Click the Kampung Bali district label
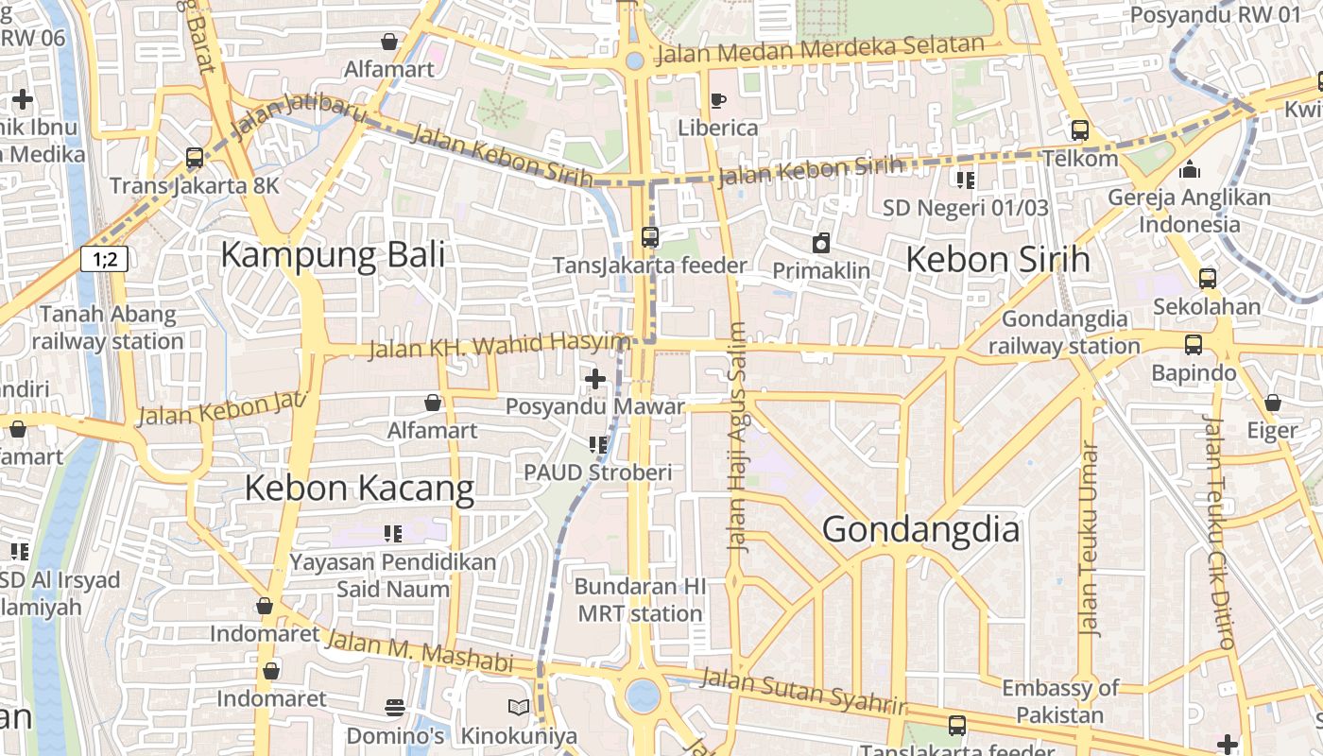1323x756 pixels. tap(333, 256)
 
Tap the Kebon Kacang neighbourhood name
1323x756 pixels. tap(359, 489)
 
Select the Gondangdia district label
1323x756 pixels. tap(920, 530)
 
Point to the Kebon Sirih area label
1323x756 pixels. tap(998, 259)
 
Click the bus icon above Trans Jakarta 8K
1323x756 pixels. tap(195, 158)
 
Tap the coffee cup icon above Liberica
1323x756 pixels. tap(717, 100)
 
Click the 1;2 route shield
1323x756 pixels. tap(104, 258)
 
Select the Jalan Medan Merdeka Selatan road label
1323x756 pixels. tap(820, 48)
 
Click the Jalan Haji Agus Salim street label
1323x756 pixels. tap(738, 437)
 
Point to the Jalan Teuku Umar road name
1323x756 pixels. tap(1090, 539)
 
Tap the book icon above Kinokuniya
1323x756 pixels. tap(518, 707)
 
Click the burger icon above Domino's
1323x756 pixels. tap(395, 707)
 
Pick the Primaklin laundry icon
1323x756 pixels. tap(821, 243)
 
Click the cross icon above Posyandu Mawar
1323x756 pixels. tap(594, 380)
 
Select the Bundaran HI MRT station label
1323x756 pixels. tap(640, 599)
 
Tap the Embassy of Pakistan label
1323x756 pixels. tap(1059, 701)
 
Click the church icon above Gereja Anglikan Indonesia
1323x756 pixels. tap(1189, 170)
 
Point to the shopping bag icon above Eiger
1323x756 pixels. tap(1272, 403)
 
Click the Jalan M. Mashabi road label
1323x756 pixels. tap(418, 651)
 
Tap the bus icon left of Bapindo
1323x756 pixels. tap(1194, 345)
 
